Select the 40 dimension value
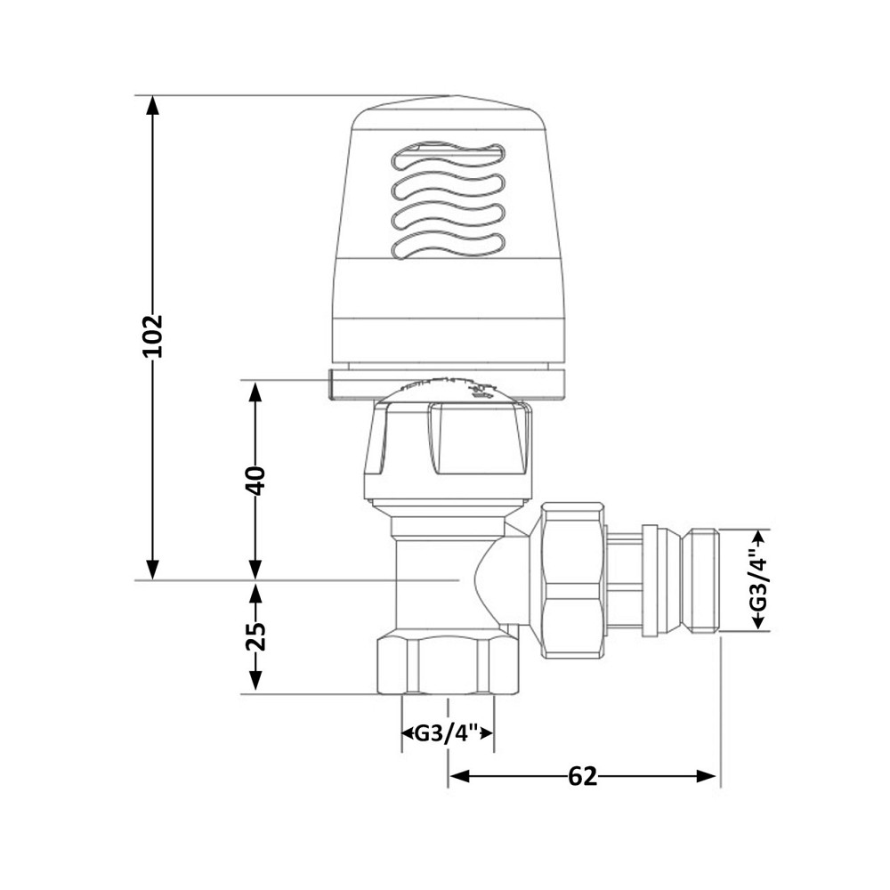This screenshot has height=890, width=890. [x=256, y=481]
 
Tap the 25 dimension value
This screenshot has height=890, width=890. [x=256, y=637]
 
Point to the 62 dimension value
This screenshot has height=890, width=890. [x=582, y=776]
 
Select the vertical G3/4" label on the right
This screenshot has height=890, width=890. [x=758, y=580]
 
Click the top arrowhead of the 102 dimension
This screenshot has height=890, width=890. [x=153, y=106]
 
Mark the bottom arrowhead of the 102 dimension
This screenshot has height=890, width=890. [x=153, y=570]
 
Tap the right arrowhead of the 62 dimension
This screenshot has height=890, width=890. [x=708, y=776]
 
